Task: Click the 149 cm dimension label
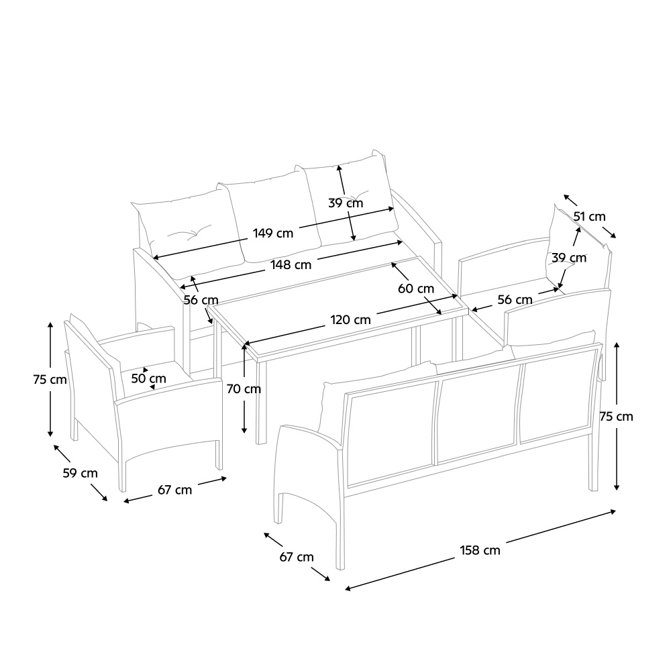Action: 273,234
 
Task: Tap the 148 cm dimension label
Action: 291,265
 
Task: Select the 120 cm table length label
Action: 350,319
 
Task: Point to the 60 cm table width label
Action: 416,289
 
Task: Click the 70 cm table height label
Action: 244,389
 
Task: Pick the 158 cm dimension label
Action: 480,550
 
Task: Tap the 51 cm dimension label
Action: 590,217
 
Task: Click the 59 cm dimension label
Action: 81,473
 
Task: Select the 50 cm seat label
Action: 148,378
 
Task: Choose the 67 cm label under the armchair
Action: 175,490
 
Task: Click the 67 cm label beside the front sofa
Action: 297,557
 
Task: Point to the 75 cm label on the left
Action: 50,380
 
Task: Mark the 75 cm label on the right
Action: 616,417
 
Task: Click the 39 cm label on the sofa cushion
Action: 346,203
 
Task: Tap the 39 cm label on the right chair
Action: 569,258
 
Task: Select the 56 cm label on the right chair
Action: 515,299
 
